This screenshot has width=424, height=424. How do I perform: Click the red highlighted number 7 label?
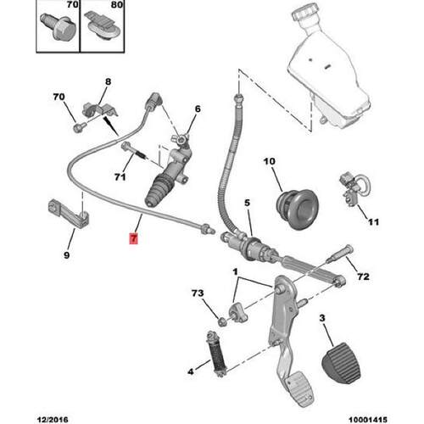coord(133,238)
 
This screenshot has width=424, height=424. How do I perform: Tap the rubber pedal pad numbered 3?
coord(341,363)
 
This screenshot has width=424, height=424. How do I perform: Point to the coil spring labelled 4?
coord(217,354)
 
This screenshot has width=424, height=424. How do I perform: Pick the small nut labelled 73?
coord(222,321)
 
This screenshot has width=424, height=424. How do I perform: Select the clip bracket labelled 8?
coord(98,110)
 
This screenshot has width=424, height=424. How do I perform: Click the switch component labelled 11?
coord(350,189)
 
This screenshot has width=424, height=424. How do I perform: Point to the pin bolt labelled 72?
coord(339,254)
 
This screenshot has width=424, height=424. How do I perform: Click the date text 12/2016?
coord(53,420)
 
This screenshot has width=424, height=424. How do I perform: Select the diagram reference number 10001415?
coord(368,420)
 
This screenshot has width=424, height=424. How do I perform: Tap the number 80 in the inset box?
coord(116,4)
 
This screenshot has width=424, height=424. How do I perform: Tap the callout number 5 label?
coord(248,203)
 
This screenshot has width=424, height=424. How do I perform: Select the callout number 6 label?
coord(198,109)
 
